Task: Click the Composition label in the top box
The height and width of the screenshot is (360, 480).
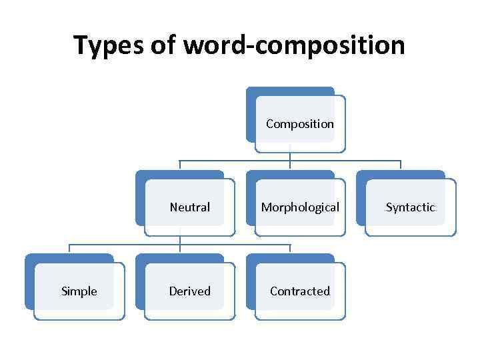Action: pyautogui.click(x=300, y=124)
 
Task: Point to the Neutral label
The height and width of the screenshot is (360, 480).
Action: pyautogui.click(x=190, y=207)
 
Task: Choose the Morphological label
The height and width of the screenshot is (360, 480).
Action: pyautogui.click(x=300, y=207)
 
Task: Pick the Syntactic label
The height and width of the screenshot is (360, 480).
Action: pyautogui.click(x=411, y=207)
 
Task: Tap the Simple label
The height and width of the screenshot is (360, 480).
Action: pyautogui.click(x=79, y=291)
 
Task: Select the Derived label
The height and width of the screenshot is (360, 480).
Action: pyautogui.click(x=190, y=291)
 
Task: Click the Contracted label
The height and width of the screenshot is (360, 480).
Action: pyautogui.click(x=300, y=291)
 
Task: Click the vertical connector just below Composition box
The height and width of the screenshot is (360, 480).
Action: pyautogui.click(x=290, y=157)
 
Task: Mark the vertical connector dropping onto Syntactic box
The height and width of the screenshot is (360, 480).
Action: pyautogui.click(x=401, y=165)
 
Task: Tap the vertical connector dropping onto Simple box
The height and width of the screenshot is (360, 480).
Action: pyautogui.click(x=69, y=249)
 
